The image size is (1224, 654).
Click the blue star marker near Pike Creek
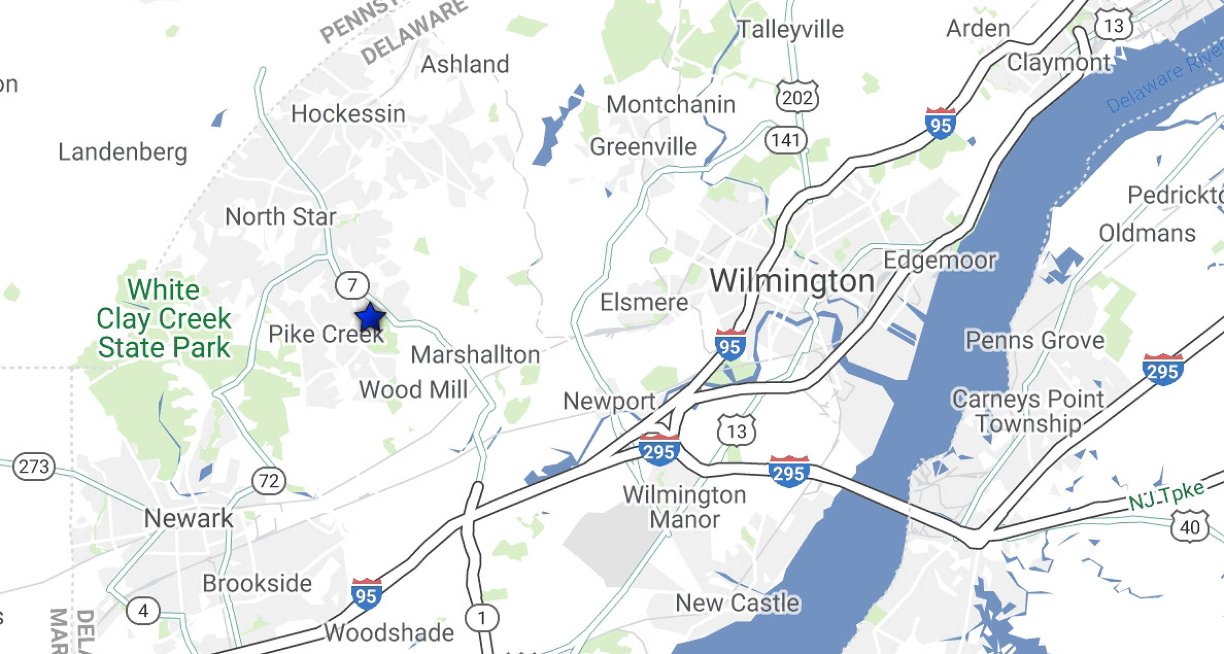pyautogui.click(x=370, y=317)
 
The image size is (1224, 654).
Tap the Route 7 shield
pyautogui.click(x=352, y=285)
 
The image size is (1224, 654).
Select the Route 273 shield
pyautogui.click(x=34, y=466)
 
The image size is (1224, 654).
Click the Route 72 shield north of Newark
pyautogui.click(x=269, y=481)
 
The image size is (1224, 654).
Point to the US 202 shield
pyautogui.click(x=797, y=97)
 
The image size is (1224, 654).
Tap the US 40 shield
pyautogui.click(x=1189, y=527)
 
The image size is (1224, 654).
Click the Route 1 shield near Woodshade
pyautogui.click(x=482, y=618)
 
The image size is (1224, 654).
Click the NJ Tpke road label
pyautogui.click(x=1166, y=495)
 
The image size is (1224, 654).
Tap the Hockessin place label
pyautogui.click(x=348, y=114)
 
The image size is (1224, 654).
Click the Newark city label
pyautogui.click(x=188, y=518)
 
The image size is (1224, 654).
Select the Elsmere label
pyautogui.click(x=644, y=303)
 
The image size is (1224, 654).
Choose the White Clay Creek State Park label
pyautogui.click(x=164, y=318)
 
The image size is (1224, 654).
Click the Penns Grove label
pyautogui.click(x=1035, y=340)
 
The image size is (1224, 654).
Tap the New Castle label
pyautogui.click(x=737, y=603)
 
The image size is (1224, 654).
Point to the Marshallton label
pyautogui.click(x=475, y=355)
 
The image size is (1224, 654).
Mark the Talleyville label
pyautogui.click(x=790, y=29)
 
